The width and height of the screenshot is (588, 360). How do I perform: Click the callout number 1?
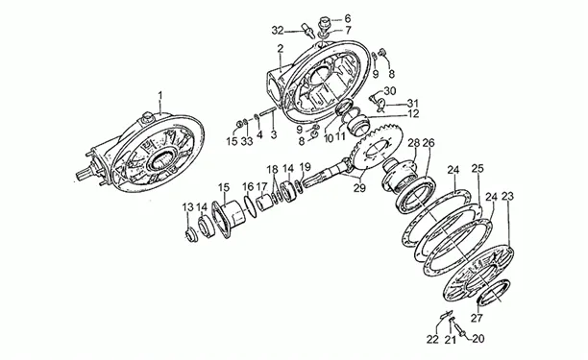point(160,95)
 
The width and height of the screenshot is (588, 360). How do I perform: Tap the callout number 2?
point(281,48)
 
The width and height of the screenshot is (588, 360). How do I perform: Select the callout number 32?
point(278,31)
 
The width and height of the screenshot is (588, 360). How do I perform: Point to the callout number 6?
point(347,18)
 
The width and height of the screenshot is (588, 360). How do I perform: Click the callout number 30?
point(390,91)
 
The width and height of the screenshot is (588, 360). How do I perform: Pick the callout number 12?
point(413,113)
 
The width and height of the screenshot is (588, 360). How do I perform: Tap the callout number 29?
point(359,188)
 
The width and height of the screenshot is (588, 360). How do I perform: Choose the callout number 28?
point(414,143)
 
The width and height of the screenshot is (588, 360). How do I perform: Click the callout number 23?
point(507,196)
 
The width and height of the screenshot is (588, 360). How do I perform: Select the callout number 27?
point(477,319)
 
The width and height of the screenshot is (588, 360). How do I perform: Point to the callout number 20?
point(478,339)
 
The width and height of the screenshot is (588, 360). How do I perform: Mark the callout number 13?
point(188,207)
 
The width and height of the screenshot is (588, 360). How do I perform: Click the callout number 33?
point(247,141)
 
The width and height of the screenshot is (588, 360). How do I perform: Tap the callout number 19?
point(306,166)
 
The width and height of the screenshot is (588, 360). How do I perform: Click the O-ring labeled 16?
point(250,205)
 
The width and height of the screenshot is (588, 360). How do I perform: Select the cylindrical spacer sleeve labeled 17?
point(265,202)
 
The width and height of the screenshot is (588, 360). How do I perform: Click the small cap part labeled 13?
point(193,235)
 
